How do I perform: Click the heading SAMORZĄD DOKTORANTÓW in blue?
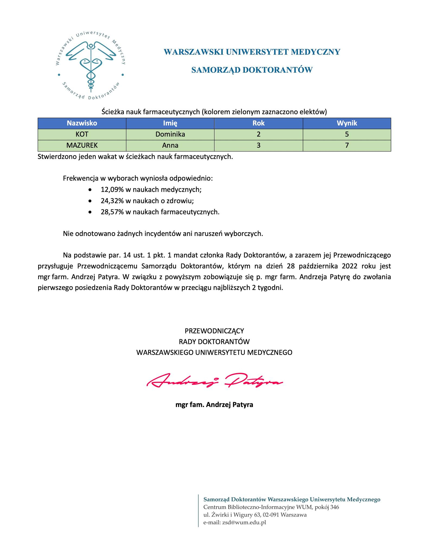(252, 70)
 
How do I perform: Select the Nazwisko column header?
(82, 123)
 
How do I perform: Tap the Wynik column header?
(347, 123)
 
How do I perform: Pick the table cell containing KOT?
(82, 134)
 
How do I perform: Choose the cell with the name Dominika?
(170, 134)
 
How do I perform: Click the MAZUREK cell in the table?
(82, 145)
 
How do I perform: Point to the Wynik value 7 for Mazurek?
(347, 145)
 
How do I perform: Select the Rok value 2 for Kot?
(259, 134)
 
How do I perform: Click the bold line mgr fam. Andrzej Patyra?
(214, 405)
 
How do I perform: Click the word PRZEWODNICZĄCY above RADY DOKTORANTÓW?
(214, 331)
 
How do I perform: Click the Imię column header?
(170, 123)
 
